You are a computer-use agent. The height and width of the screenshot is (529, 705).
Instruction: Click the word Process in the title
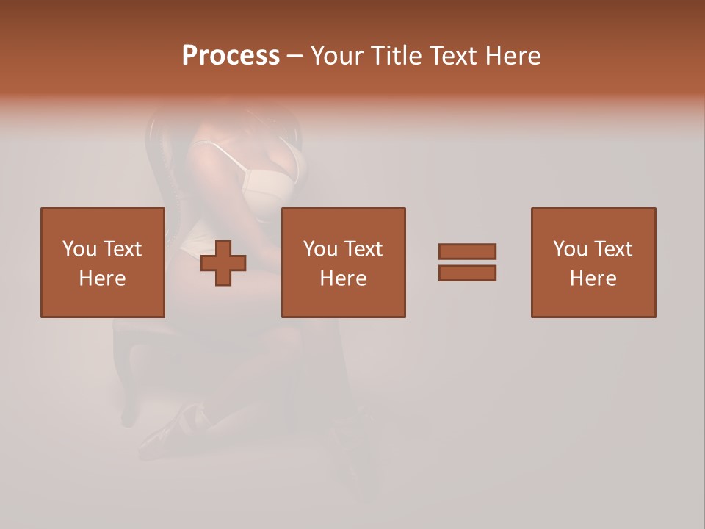(231, 56)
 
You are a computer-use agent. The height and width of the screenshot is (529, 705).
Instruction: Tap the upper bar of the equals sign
(467, 251)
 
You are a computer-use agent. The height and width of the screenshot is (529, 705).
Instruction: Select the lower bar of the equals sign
(467, 273)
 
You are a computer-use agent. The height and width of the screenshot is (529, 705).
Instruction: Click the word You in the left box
(79, 249)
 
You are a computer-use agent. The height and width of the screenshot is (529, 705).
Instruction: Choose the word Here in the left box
(102, 278)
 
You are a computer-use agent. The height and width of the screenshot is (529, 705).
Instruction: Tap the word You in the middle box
(319, 249)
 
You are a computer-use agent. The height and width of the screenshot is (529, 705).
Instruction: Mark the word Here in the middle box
(343, 278)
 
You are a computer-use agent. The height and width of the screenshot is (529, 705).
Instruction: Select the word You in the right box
(569, 249)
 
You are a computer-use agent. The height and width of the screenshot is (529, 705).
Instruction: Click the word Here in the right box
(593, 278)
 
